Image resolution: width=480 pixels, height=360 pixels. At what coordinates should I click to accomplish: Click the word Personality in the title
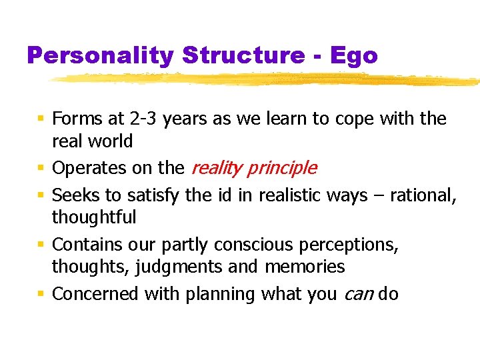pyautogui.click(x=99, y=55)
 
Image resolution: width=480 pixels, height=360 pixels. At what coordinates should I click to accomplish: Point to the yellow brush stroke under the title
pyautogui.click(x=267, y=80)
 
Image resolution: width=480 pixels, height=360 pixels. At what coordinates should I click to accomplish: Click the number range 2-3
pyautogui.click(x=143, y=119)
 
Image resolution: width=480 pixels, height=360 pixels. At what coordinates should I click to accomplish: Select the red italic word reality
pyautogui.click(x=215, y=168)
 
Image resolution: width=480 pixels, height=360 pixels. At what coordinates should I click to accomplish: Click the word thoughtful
pyautogui.click(x=94, y=217)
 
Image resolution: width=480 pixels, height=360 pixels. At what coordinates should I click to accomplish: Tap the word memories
pyautogui.click(x=305, y=267)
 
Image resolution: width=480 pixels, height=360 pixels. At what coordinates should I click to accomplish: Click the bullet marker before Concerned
pyautogui.click(x=41, y=293)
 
